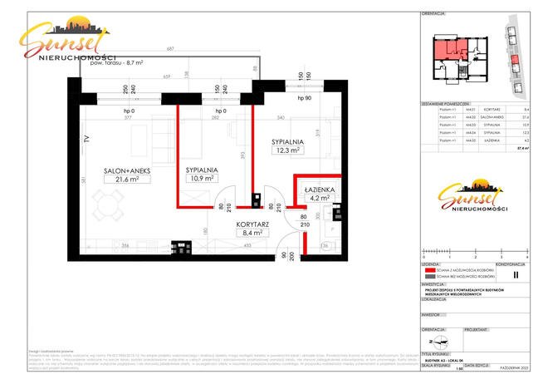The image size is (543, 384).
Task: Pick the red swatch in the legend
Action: (431, 270)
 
